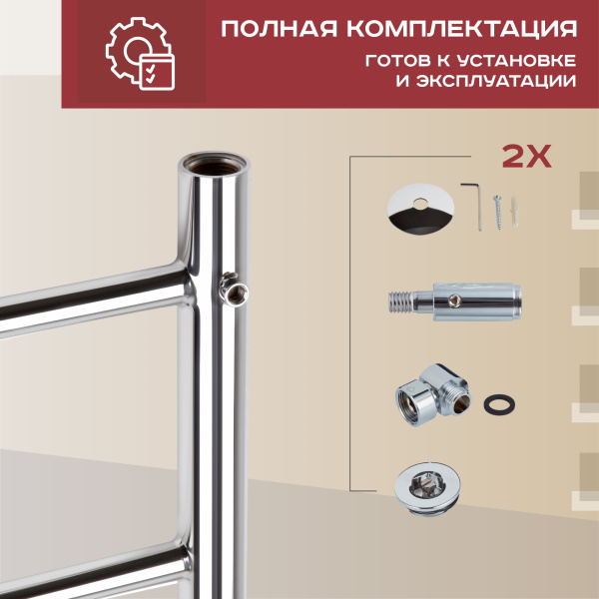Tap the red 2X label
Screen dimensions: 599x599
click(525, 157)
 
